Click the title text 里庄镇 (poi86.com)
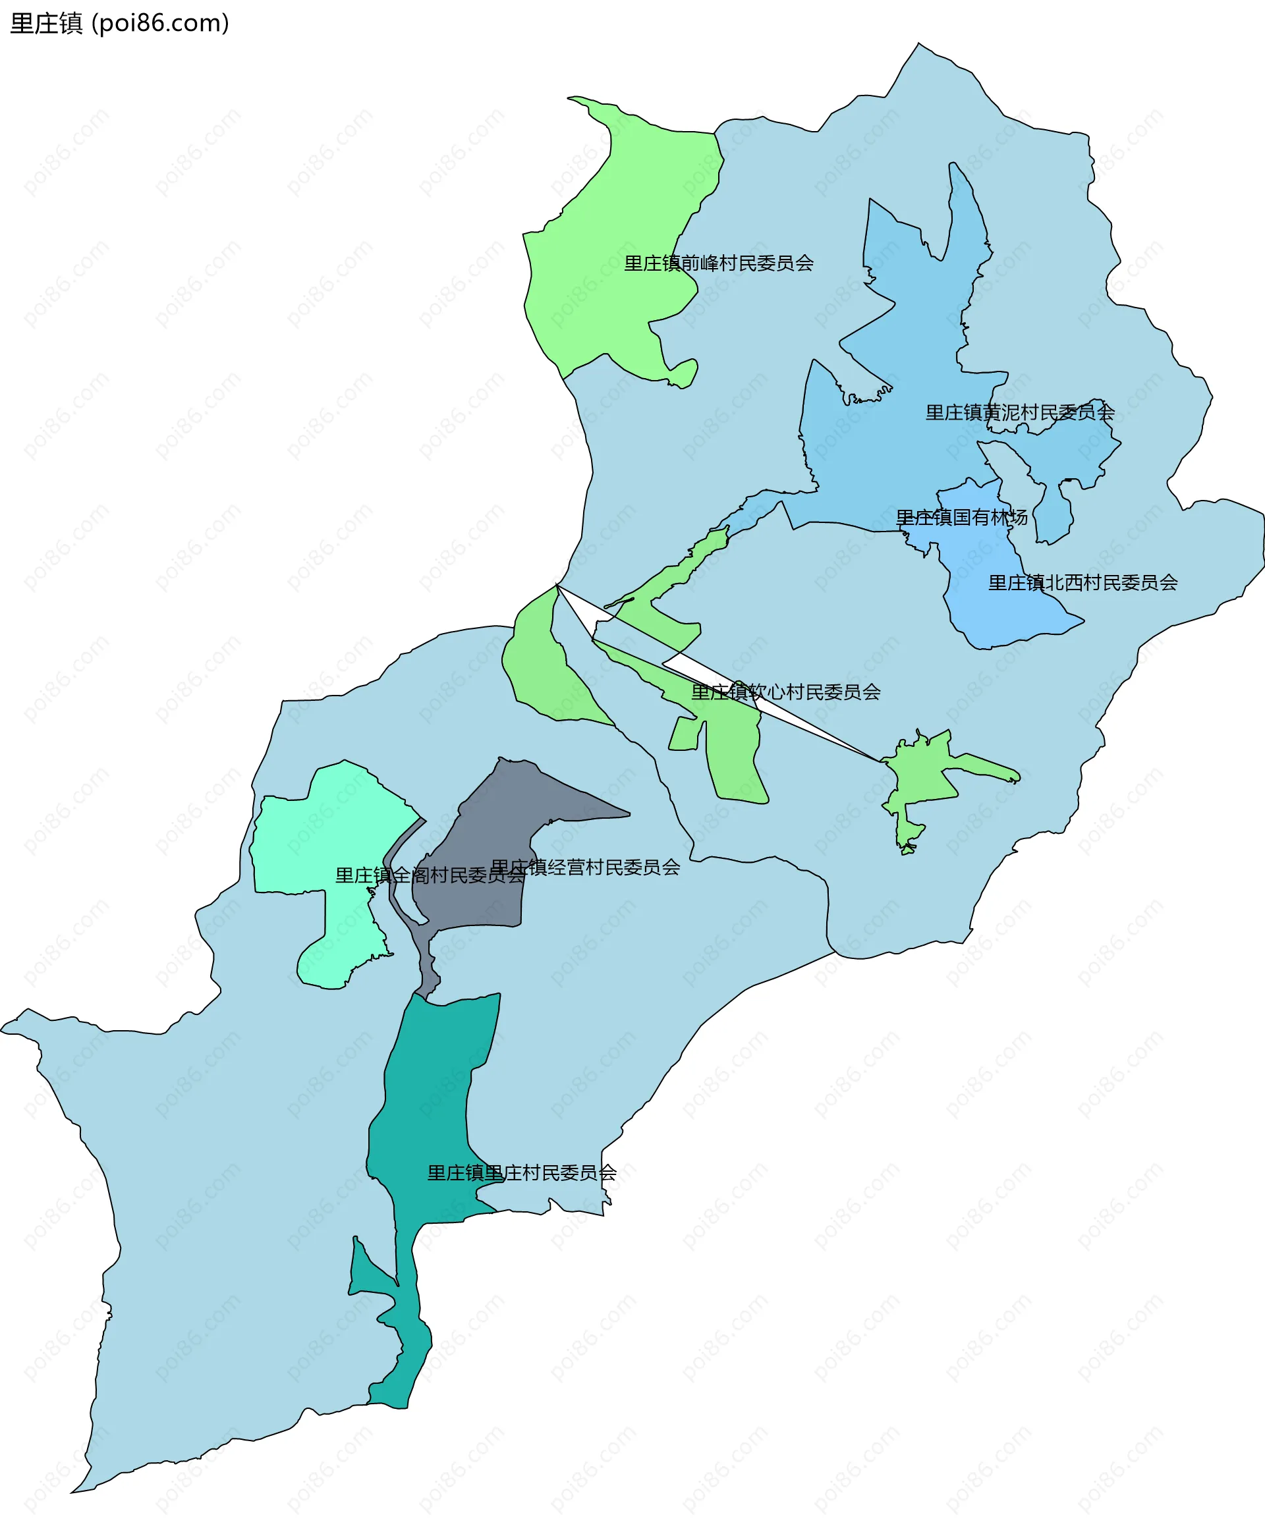click(119, 23)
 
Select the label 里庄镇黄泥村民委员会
click(1019, 412)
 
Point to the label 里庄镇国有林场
click(961, 517)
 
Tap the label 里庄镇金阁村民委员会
click(430, 875)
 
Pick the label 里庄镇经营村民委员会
click(585, 867)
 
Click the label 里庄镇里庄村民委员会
click(522, 1172)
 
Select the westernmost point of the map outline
click(2, 1029)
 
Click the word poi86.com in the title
click(160, 23)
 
